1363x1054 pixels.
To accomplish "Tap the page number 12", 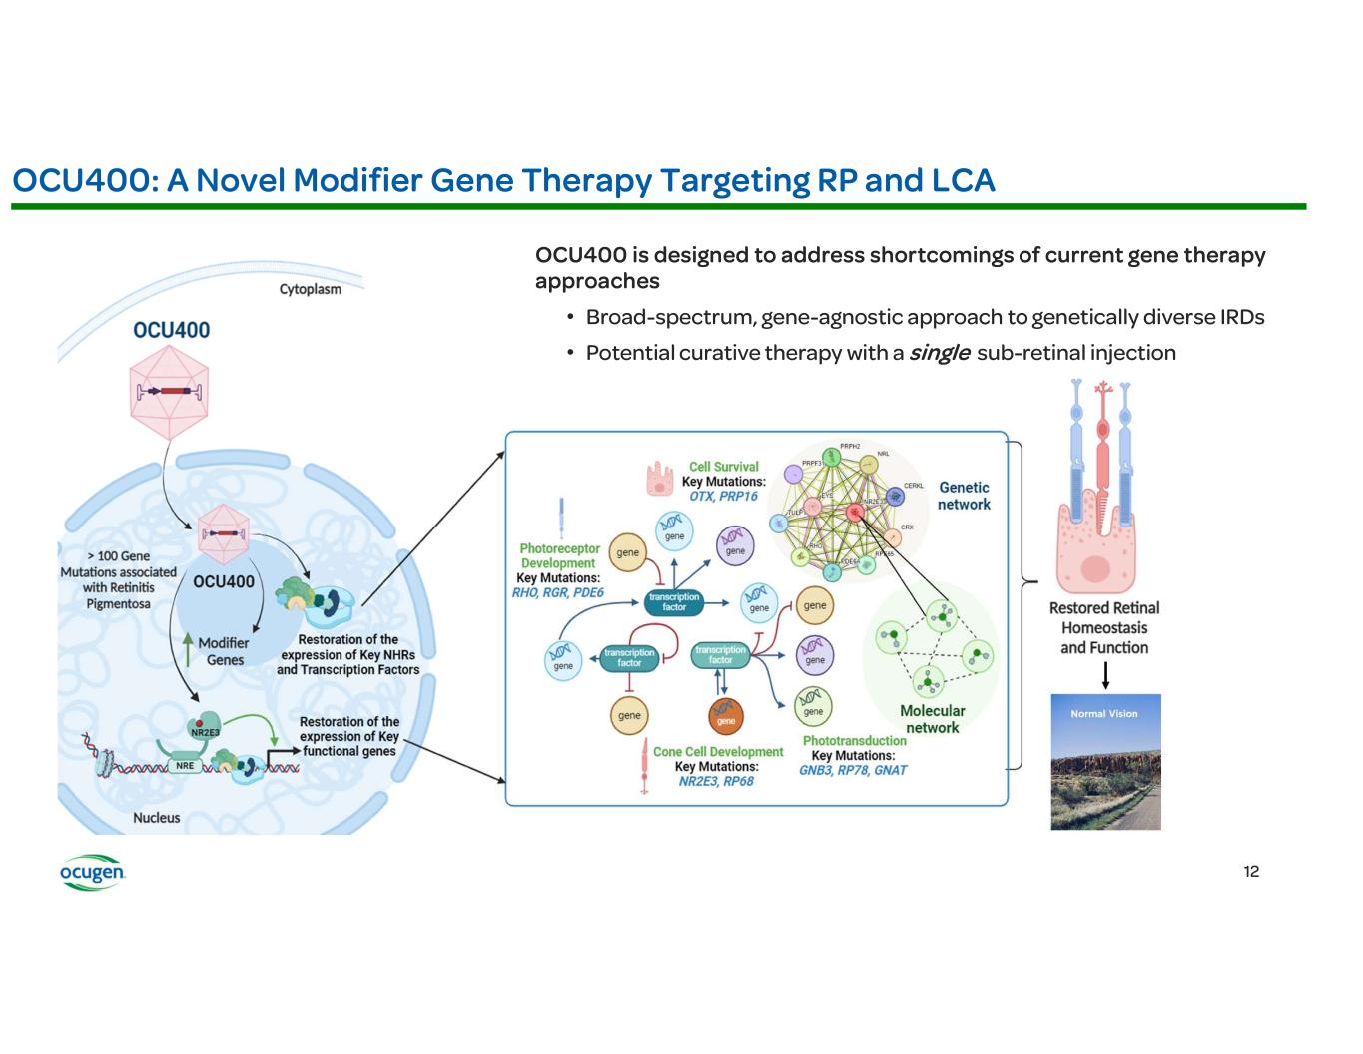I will [x=1251, y=872].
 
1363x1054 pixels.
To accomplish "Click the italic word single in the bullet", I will [x=939, y=353].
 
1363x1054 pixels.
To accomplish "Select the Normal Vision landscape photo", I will [x=1105, y=762].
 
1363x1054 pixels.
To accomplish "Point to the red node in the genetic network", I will [x=855, y=512].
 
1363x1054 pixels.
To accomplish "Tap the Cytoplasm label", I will [x=310, y=289].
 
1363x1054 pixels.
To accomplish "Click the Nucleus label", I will [x=157, y=818].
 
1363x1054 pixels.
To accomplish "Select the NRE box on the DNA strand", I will [x=182, y=766].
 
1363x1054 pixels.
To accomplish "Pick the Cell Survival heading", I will [x=723, y=467].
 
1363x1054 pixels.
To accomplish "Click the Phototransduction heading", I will [x=854, y=741].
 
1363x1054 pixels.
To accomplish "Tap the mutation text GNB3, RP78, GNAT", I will [x=853, y=770].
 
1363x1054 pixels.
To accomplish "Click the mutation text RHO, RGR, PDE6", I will [x=557, y=592].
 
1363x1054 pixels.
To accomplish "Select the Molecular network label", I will [x=932, y=719].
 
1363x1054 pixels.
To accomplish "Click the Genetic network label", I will [x=964, y=496].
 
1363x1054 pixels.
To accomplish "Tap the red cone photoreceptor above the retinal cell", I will [x=1102, y=440].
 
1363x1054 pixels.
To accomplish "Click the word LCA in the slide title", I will [x=964, y=180].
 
